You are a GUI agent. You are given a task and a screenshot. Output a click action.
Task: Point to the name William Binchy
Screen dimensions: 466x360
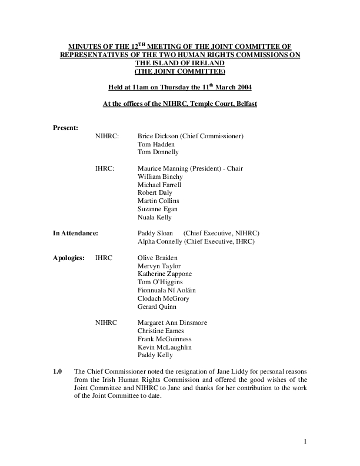[160, 177]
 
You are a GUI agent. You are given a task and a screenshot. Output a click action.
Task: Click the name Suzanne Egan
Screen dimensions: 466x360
[157, 209]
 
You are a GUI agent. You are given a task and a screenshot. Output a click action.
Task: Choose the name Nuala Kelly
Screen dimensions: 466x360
[154, 217]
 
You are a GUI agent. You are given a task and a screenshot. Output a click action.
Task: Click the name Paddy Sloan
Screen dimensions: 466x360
[155, 234]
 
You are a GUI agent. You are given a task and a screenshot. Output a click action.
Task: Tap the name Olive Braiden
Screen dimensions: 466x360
[157, 258]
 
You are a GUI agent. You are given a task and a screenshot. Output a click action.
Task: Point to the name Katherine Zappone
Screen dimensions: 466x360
[165, 274]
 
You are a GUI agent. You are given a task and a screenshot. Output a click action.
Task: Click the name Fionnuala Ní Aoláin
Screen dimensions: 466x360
[166, 290]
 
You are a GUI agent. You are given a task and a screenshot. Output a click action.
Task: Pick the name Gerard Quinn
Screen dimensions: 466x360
[156, 307]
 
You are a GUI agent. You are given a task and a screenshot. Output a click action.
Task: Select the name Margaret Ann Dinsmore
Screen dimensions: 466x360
[172, 323]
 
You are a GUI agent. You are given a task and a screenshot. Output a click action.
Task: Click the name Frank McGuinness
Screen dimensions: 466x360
[164, 339]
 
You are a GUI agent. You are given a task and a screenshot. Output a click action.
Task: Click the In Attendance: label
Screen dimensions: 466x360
[75, 234]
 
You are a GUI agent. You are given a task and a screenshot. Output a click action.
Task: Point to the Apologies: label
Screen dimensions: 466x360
[69, 258]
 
